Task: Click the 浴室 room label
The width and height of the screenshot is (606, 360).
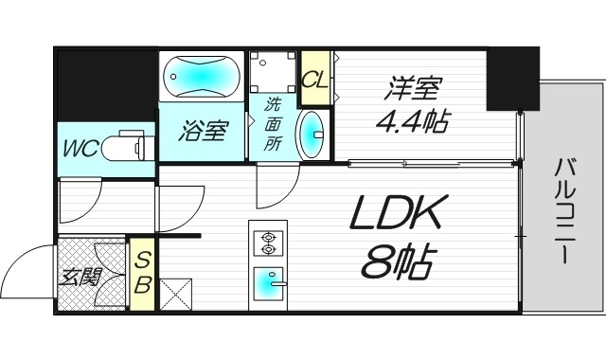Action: pyautogui.click(x=204, y=132)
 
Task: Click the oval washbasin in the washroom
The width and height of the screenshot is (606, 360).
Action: pyautogui.click(x=311, y=134)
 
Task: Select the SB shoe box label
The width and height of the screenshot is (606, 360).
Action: pyautogui.click(x=142, y=271)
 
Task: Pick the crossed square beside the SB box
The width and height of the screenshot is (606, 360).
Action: pyautogui.click(x=176, y=294)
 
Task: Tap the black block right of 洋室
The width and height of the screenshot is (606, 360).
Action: pyautogui.click(x=511, y=80)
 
